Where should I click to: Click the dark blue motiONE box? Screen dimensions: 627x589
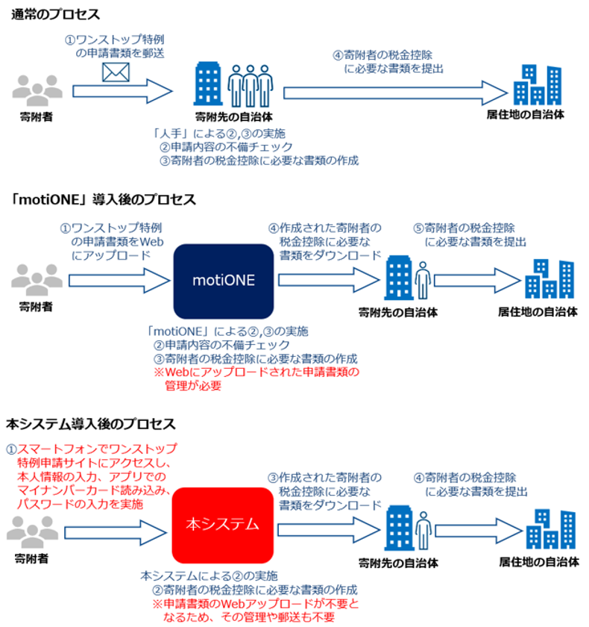coord(223,281)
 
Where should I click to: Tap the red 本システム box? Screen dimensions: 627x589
coord(223,524)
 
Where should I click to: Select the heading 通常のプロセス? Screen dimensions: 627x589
coord(56,15)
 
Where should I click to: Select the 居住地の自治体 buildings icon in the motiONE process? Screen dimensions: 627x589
coord(549,280)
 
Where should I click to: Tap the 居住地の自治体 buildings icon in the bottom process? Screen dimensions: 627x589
coord(549,530)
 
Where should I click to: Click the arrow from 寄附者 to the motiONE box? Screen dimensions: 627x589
coord(119,281)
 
